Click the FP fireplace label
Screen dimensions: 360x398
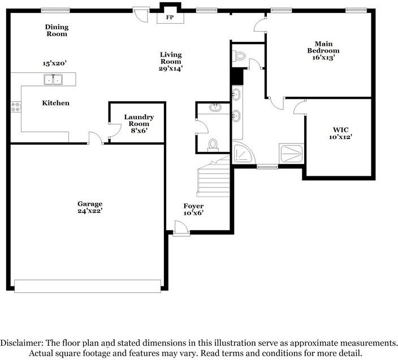pyautogui.click(x=169, y=18)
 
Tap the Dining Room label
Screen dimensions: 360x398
pyautogui.click(x=57, y=31)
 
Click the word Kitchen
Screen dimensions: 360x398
pyautogui.click(x=56, y=103)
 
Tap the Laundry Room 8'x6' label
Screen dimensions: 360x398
pyautogui.click(x=139, y=123)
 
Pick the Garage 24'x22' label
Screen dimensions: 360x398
pyautogui.click(x=90, y=207)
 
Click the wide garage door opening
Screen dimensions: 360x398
pyautogui.click(x=88, y=286)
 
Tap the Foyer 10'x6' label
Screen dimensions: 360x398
pyautogui.click(x=193, y=209)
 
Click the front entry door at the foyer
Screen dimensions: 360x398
pyautogui.click(x=181, y=229)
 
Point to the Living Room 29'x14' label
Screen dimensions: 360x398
pyautogui.click(x=170, y=61)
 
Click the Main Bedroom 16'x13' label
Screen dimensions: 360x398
pyautogui.click(x=323, y=50)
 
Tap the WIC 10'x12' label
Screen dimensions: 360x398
pyautogui.click(x=338, y=132)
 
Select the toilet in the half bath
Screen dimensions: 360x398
pyautogui.click(x=213, y=145)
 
